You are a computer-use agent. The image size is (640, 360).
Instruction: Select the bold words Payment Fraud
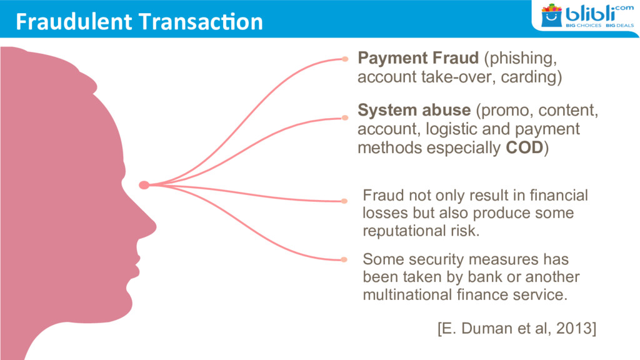pos(418,59)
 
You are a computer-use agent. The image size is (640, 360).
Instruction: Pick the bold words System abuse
pos(414,111)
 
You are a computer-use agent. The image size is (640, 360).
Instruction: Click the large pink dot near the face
pos(144,184)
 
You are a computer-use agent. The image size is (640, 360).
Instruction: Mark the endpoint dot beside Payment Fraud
pos(344,59)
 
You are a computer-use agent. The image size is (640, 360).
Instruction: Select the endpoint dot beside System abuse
pos(344,117)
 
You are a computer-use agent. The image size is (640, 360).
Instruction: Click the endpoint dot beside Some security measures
pos(344,259)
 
